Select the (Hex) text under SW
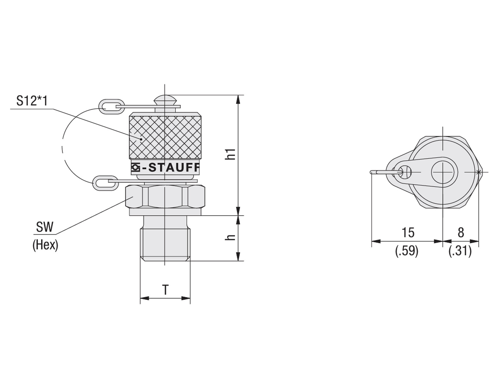tap(45, 245)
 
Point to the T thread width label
tap(165, 289)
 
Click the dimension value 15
tap(408, 232)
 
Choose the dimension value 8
tap(461, 232)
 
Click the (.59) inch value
tap(407, 251)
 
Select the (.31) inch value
tap(460, 251)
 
